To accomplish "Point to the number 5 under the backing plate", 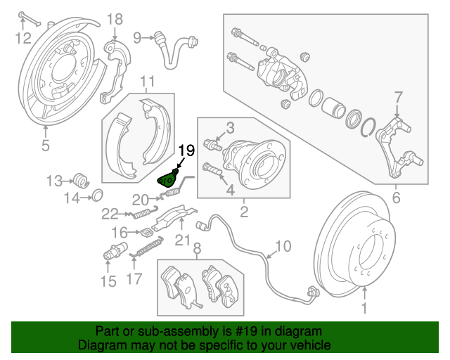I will tap(45, 146).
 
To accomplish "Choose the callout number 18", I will tap(114, 19).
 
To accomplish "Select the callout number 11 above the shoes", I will tap(146, 82).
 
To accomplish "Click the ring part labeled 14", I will tap(98, 194).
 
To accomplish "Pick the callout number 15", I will tap(107, 283).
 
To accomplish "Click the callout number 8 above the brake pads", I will tap(197, 247).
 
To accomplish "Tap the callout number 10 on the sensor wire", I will tap(283, 246).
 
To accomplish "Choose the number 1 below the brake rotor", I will tap(364, 307).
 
